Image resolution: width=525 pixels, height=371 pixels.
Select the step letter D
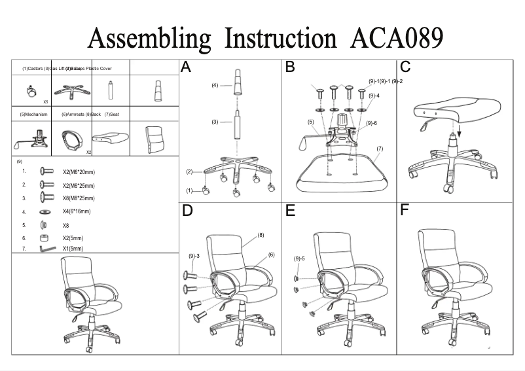pyautogui.click(x=187, y=211)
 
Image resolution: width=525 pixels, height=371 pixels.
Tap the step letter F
pyautogui.click(x=405, y=211)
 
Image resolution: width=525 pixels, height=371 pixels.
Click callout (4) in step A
pyautogui.click(x=215, y=85)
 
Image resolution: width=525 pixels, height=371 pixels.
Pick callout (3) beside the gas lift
pyautogui.click(x=215, y=122)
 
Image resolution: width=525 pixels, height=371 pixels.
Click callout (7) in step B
pyautogui.click(x=379, y=149)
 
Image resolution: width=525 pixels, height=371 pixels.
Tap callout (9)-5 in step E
pyautogui.click(x=300, y=258)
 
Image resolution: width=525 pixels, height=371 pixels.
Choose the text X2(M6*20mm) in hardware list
pyautogui.click(x=79, y=172)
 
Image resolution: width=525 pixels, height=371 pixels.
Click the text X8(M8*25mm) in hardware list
pyautogui.click(x=79, y=198)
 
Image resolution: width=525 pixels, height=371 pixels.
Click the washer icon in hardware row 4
pyautogui.click(x=45, y=212)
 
